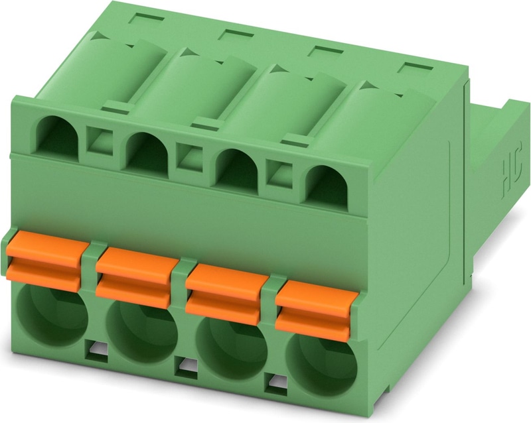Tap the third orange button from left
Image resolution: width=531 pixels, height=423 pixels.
[225, 294]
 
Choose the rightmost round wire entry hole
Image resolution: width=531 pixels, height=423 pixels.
[322, 367]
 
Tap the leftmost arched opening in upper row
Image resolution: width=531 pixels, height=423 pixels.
[57, 137]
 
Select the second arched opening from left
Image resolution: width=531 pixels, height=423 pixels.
[147, 154]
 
